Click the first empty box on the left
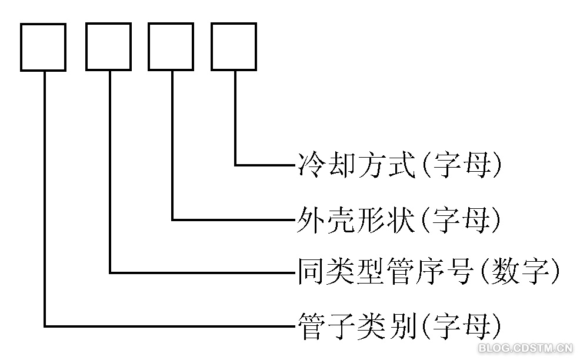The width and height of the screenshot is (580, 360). point(43,47)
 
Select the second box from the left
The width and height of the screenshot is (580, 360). point(108,47)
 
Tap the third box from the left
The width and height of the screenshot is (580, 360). point(171,47)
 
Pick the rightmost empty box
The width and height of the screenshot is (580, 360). point(234,47)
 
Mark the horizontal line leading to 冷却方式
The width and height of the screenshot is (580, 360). point(265,165)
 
